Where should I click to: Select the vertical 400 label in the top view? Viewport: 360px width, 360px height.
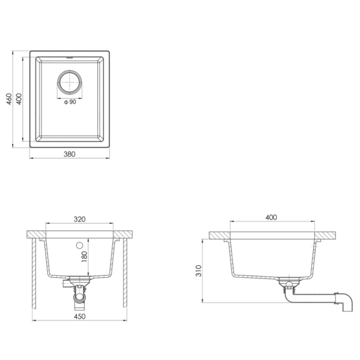pyautogui.click(x=19, y=100)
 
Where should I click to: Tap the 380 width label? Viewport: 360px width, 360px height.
pyautogui.click(x=69, y=154)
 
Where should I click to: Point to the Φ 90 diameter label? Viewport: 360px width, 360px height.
pyautogui.click(x=70, y=103)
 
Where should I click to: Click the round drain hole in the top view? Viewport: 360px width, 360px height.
pyautogui.click(x=70, y=83)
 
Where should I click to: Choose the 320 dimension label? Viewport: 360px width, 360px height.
pyautogui.click(x=79, y=220)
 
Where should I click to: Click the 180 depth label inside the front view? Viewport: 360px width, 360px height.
pyautogui.click(x=84, y=256)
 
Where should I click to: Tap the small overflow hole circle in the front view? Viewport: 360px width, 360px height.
pyautogui.click(x=78, y=245)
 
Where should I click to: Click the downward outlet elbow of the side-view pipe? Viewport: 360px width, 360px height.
pyautogui.click(x=346, y=304)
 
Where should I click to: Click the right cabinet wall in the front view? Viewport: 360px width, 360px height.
pyautogui.click(x=125, y=270)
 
